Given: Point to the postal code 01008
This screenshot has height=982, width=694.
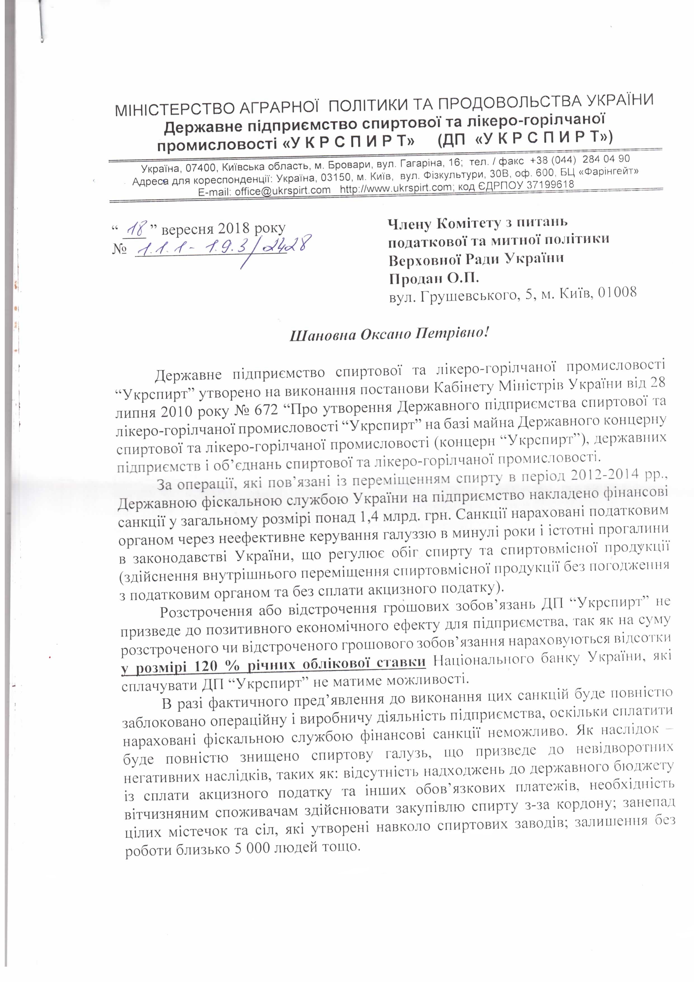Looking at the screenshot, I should coord(617,293).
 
